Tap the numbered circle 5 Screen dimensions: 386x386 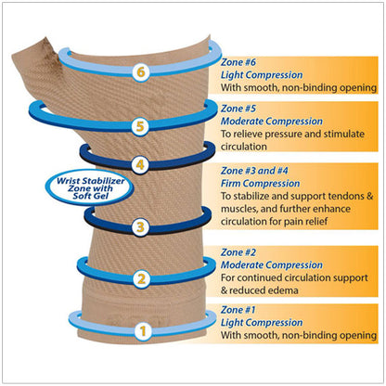pyautogui.click(x=140, y=125)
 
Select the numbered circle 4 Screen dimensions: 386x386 pyautogui.click(x=140, y=166)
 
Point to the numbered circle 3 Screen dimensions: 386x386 pyautogui.click(x=140, y=225)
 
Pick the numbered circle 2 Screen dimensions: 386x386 pyautogui.click(x=141, y=277)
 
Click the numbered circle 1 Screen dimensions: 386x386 pyautogui.click(x=141, y=329)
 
